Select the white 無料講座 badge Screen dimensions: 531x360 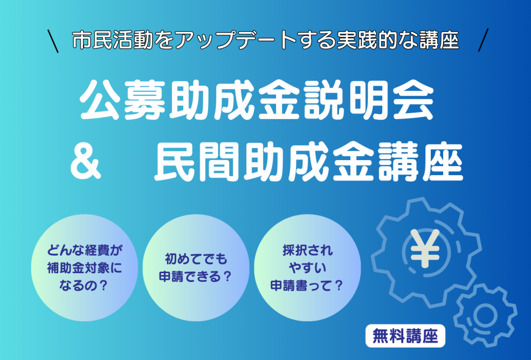pyautogui.click(x=405, y=336)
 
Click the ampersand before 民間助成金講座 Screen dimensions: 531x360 pyautogui.click(x=85, y=164)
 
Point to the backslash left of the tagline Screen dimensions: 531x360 pyautogui.click(x=53, y=41)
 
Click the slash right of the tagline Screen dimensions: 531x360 pyautogui.click(x=483, y=40)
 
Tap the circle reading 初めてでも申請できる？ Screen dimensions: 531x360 pyautogui.click(x=196, y=267)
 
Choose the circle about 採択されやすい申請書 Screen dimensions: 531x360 pyautogui.click(x=307, y=267)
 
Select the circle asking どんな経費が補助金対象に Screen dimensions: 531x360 pyautogui.click(x=85, y=267)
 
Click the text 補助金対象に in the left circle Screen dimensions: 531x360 pyautogui.click(x=85, y=268)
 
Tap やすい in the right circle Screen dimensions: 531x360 pyautogui.click(x=307, y=268)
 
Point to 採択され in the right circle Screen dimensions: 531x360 pyautogui.click(x=307, y=250)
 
